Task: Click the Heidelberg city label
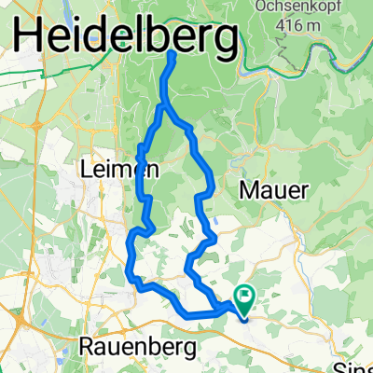coord(125,39)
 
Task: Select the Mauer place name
coord(274,189)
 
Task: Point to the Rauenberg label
coord(139,347)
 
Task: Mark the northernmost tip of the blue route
coord(173,54)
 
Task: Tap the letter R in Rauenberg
coord(90,346)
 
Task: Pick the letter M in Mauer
coord(250,189)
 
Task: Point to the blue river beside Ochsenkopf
coord(308,56)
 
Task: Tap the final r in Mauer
coord(304,190)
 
